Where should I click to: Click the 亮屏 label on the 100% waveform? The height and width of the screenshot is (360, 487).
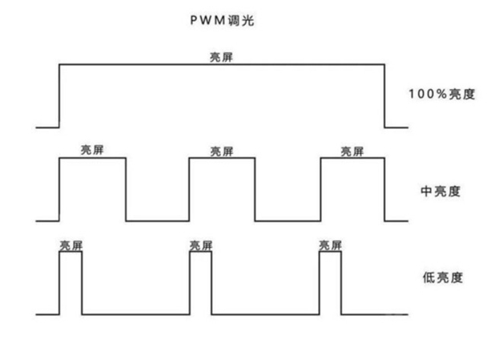pyautogui.click(x=222, y=57)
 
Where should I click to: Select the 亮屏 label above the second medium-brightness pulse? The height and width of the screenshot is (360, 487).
pyautogui.click(x=222, y=150)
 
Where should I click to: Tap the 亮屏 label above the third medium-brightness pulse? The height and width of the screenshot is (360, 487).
pyautogui.click(x=352, y=150)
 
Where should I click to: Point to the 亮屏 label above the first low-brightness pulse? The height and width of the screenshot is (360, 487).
pyautogui.click(x=70, y=245)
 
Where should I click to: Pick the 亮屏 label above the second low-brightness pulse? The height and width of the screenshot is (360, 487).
pyautogui.click(x=200, y=245)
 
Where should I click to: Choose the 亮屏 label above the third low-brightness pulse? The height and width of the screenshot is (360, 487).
pyautogui.click(x=330, y=245)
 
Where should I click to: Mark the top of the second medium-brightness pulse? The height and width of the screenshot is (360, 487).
pyautogui.click(x=222, y=158)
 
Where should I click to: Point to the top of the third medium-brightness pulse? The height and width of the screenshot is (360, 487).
pyautogui.click(x=352, y=158)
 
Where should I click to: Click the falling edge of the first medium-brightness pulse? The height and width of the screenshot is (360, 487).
pyautogui.click(x=126, y=189)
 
